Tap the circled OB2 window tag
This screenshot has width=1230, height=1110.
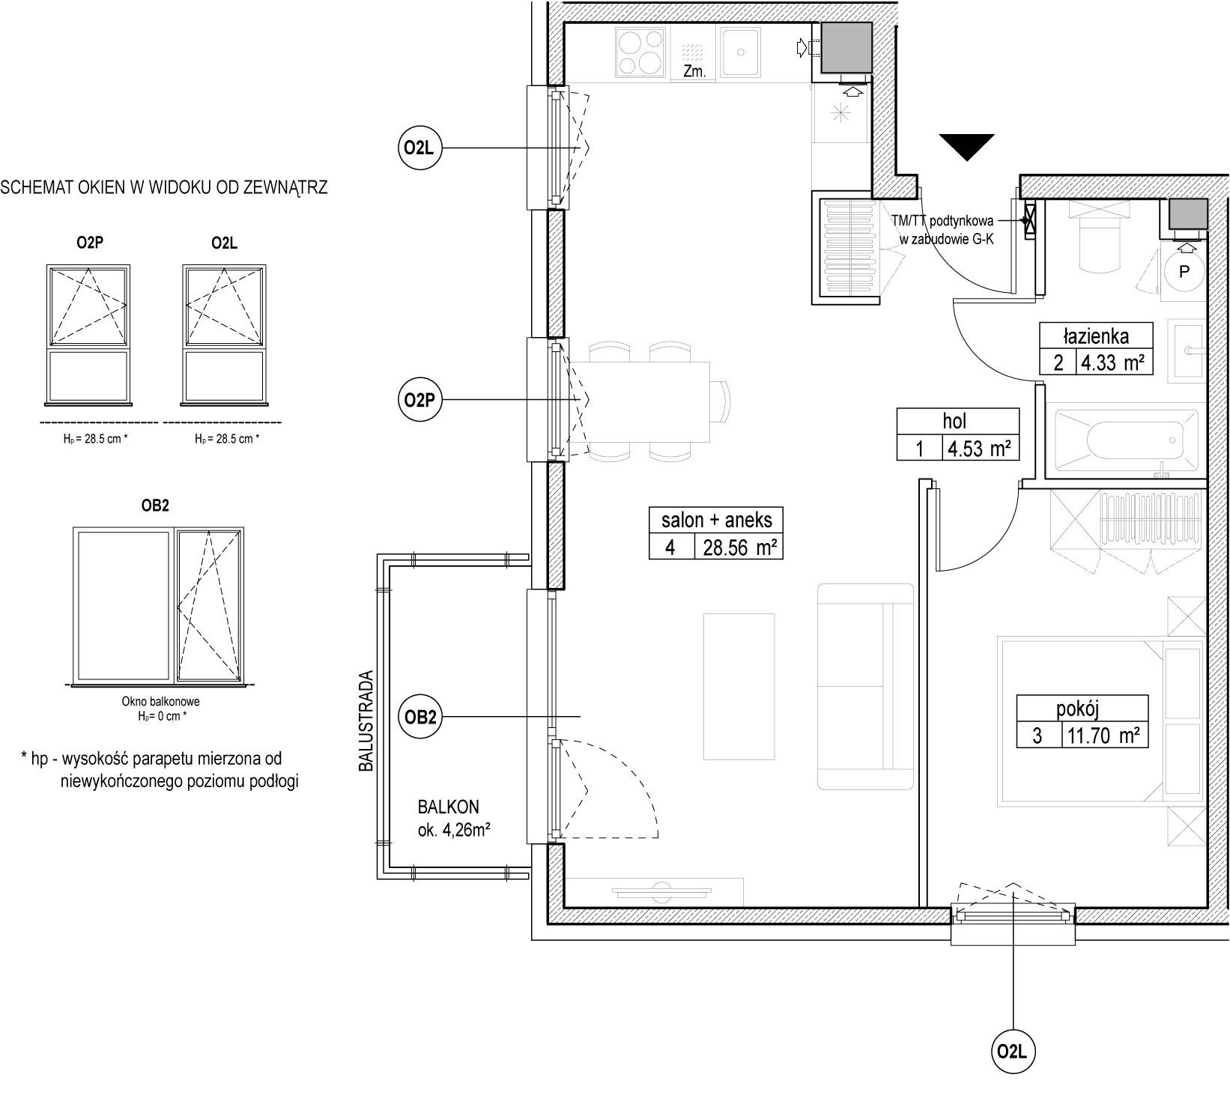pyautogui.click(x=420, y=718)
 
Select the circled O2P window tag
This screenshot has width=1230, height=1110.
pyautogui.click(x=419, y=401)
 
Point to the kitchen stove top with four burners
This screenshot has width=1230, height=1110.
pyautogui.click(x=641, y=52)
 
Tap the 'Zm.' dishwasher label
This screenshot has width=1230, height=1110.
pyautogui.click(x=693, y=72)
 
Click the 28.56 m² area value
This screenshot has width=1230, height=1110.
pyautogui.click(x=739, y=548)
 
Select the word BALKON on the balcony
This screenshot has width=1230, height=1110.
pyautogui.click(x=449, y=807)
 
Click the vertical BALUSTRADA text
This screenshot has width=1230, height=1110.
pyautogui.click(x=366, y=721)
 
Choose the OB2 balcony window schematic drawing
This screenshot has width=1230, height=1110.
pyautogui.click(x=158, y=606)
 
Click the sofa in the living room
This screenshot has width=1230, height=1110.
pyautogui.click(x=866, y=687)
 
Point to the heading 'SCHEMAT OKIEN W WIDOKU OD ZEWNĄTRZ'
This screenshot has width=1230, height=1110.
pyautogui.click(x=164, y=188)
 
